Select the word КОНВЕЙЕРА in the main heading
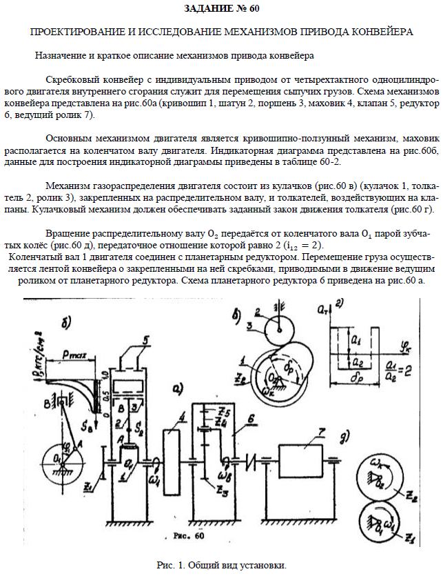pyautogui.click(x=373, y=32)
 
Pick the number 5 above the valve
pyautogui.click(x=146, y=339)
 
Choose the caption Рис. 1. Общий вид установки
pyautogui.click(x=220, y=565)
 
